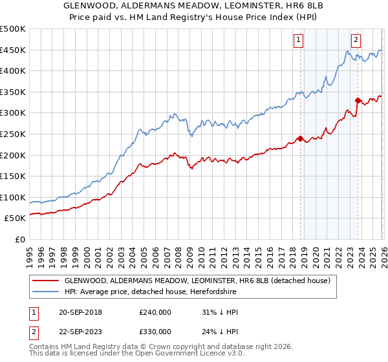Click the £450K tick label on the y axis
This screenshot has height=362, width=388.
pyautogui.click(x=13, y=50)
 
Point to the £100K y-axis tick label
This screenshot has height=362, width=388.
pyautogui.click(x=13, y=197)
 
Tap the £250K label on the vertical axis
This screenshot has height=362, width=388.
pyautogui.click(x=13, y=134)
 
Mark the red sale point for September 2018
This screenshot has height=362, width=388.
pyautogui.click(x=300, y=138)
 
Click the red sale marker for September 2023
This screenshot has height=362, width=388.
pyautogui.click(x=358, y=100)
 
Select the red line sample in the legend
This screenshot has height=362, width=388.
pyautogui.click(x=46, y=281)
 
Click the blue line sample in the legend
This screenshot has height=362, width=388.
pyautogui.click(x=46, y=292)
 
